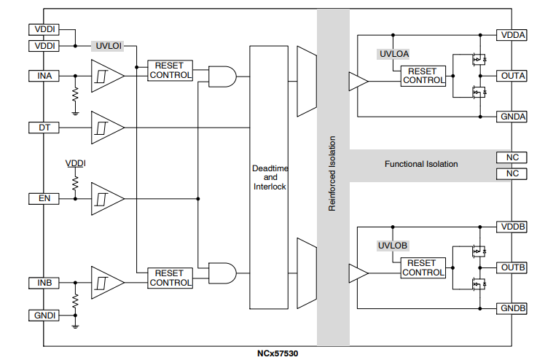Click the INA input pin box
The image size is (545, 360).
(44, 76)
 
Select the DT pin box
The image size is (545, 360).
(44, 128)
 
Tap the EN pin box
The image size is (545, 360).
(44, 198)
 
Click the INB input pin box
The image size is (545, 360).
(44, 282)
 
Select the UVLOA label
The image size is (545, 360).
(393, 53)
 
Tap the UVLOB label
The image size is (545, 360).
(393, 246)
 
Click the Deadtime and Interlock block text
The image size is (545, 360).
(270, 177)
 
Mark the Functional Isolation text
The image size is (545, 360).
(421, 164)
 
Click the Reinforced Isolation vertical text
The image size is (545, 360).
(332, 173)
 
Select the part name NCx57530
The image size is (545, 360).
(277, 353)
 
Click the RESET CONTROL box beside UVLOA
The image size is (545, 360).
(423, 75)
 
